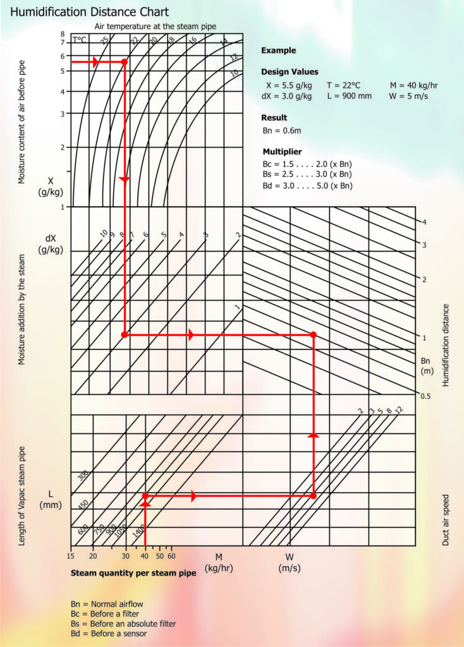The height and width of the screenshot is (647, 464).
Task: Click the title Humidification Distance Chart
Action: [x=90, y=12]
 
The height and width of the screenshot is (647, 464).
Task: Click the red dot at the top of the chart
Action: [x=125, y=62]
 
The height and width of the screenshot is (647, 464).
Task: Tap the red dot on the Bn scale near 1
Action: [x=314, y=335]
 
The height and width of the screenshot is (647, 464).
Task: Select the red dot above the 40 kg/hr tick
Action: [x=145, y=496]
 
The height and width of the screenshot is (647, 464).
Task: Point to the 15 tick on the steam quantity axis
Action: [x=71, y=556]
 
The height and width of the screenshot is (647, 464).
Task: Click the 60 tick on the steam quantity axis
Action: [x=171, y=556]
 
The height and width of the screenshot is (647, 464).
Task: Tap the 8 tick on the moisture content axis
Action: [x=63, y=34]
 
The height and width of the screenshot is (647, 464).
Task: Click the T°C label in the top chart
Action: [x=80, y=39]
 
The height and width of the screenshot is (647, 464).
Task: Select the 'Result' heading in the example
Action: [x=274, y=118]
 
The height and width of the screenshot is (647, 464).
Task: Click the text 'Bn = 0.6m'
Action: [x=282, y=131]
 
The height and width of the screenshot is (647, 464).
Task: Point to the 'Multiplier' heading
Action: [x=281, y=152]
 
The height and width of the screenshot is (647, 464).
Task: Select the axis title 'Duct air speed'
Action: [x=446, y=520]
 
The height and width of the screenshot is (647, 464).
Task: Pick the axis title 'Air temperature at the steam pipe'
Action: [x=156, y=26]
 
